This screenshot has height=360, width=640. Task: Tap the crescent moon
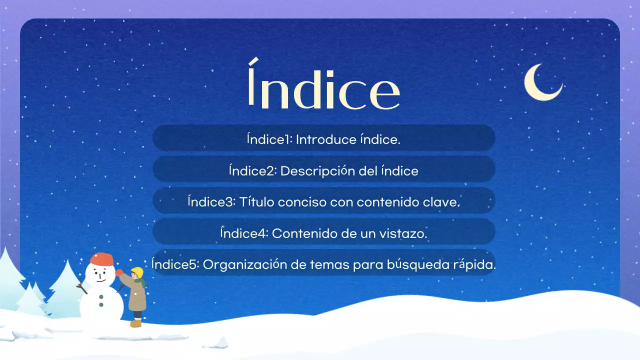click(541, 83)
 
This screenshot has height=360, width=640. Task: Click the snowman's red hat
click(102, 259)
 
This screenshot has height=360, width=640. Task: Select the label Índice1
click(269, 139)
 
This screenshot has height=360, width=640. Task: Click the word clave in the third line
click(441, 202)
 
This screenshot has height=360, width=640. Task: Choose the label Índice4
click(245, 233)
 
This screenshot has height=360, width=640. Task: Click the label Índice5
click(175, 264)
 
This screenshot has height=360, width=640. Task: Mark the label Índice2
click(252, 171)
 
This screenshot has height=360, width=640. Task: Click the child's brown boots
click(136, 323)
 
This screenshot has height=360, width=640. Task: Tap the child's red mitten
click(119, 273)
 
